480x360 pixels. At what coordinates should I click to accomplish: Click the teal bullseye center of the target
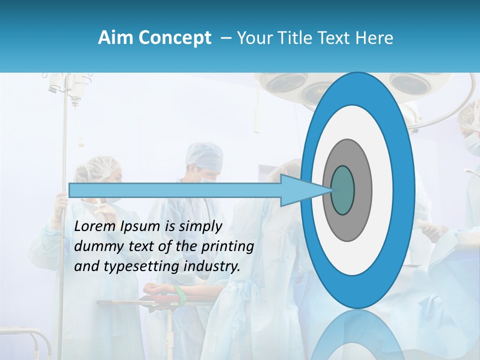tap(343, 190)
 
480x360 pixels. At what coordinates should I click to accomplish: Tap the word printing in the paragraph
tap(227, 246)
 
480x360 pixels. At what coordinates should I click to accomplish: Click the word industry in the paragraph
tap(212, 266)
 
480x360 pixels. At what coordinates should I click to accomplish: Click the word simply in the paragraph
tap(200, 226)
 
